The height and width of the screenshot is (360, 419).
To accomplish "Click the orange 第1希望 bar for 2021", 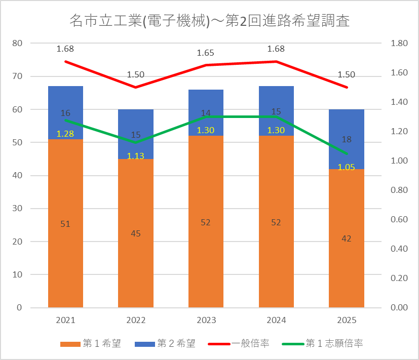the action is point(65,223).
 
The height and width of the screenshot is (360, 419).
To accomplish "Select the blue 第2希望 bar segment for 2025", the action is point(347,139).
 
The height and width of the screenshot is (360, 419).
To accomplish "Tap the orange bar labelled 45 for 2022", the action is point(136,233).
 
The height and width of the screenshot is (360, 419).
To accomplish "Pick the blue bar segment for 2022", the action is point(136,134).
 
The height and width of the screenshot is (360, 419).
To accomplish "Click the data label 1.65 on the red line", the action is point(206,53).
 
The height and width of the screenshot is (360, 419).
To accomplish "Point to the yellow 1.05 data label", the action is point(347,167).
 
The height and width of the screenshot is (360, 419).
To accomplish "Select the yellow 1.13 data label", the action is point(135,156).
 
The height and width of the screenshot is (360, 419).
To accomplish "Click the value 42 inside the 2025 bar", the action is point(347,238).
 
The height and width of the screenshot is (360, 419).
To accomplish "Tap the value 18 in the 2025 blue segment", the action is point(347,139).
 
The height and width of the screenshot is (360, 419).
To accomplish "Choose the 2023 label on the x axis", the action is point(206,320).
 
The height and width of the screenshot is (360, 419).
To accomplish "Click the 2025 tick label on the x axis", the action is point(347,320).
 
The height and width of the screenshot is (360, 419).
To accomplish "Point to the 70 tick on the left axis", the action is point(17,76).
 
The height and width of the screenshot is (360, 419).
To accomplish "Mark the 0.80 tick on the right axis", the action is point(399,190).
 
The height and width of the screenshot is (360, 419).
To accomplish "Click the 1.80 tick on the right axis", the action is point(399,43).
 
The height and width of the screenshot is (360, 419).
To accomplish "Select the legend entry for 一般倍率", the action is point(238,343).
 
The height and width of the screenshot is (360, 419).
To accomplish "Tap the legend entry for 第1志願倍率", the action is point(323,343).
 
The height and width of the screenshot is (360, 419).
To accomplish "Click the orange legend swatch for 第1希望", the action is point(70,344).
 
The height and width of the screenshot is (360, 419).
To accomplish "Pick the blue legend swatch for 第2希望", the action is point(145,344).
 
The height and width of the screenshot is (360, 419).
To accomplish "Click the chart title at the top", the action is point(210,21).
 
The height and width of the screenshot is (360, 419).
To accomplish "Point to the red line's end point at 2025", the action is point(347,87).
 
